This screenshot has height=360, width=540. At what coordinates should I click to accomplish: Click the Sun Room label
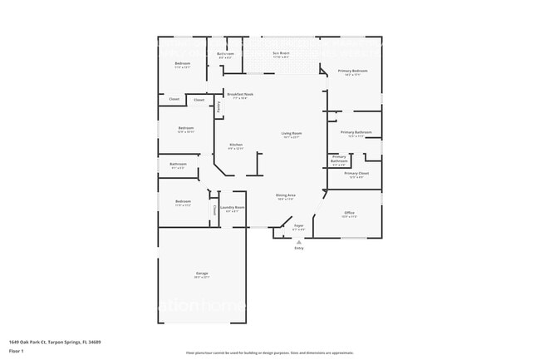pyautogui.click(x=281, y=53)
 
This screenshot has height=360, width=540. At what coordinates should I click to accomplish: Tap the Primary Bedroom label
pyautogui.click(x=353, y=72)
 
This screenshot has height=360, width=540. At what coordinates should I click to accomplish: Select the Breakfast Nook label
pyautogui.click(x=239, y=95)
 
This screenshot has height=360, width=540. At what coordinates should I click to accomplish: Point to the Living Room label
pyautogui.click(x=291, y=134)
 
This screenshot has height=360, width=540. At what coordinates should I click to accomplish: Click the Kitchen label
pyautogui.click(x=236, y=145)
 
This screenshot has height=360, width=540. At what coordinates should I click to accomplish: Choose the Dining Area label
pyautogui.click(x=287, y=195)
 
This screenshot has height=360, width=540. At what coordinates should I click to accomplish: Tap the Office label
pyautogui.click(x=350, y=213)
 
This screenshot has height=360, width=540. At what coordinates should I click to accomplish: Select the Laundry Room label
pyautogui.click(x=232, y=207)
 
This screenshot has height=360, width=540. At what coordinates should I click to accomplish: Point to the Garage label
pyautogui.click(x=202, y=274)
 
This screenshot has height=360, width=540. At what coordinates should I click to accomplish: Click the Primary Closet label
pyautogui.click(x=356, y=173)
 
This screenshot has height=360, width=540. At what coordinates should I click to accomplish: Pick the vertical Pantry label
pyautogui.click(x=218, y=106)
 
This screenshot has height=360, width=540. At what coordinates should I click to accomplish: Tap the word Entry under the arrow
pyautogui.click(x=299, y=248)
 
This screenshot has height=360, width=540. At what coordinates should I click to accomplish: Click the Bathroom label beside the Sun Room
pyautogui.click(x=225, y=54)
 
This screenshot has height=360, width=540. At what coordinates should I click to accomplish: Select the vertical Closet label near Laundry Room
pyautogui.click(x=214, y=209)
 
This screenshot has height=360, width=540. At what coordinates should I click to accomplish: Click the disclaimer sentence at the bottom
pyautogui.click(x=269, y=352)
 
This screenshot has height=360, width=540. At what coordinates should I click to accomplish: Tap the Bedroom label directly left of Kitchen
pyautogui.click(x=185, y=128)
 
